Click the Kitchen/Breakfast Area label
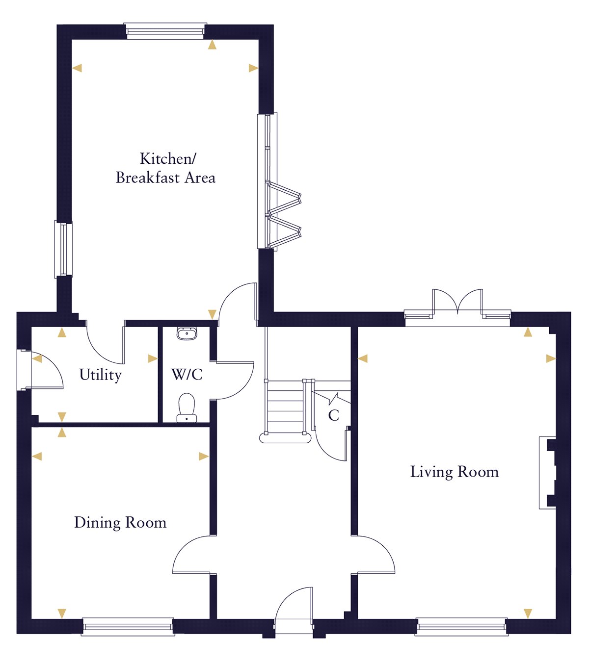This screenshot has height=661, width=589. pyautogui.click(x=165, y=168)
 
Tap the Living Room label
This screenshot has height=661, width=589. pyautogui.click(x=454, y=472)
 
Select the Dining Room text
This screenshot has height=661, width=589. pyautogui.click(x=120, y=523)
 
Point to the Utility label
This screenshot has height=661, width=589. pyautogui.click(x=100, y=375)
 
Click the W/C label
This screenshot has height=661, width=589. pyautogui.click(x=187, y=375)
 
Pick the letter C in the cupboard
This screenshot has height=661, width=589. pyautogui.click(x=334, y=416)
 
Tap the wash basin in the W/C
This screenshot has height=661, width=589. pyautogui.click(x=187, y=334)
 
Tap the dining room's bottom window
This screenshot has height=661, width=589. pyautogui.click(x=128, y=627)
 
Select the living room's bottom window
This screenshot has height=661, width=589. pyautogui.click(x=461, y=627)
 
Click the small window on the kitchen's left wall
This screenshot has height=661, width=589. pyautogui.click(x=63, y=249)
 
